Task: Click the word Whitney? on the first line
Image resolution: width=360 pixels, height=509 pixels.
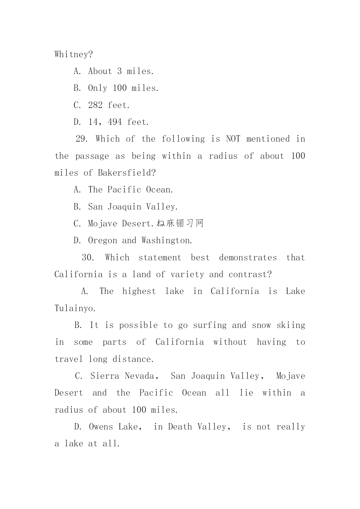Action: [x=74, y=54]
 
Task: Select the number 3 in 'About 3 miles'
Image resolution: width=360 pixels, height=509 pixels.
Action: [x=120, y=71]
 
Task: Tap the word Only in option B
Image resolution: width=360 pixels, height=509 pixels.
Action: [x=97, y=88]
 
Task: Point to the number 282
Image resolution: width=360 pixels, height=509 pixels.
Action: [x=95, y=105]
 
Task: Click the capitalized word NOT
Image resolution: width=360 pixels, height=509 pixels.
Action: [x=233, y=139]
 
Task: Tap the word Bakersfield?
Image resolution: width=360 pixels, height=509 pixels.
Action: [x=127, y=173]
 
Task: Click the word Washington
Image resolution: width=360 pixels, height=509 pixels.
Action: [x=167, y=240]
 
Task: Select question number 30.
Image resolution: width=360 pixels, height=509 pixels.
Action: [x=88, y=257]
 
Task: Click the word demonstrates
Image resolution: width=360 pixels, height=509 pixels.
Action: [x=248, y=257]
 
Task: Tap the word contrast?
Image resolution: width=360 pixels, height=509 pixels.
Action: [x=250, y=274]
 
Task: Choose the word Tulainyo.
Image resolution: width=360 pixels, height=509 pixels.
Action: [x=75, y=308]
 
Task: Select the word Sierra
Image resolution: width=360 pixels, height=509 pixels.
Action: [x=105, y=376]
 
